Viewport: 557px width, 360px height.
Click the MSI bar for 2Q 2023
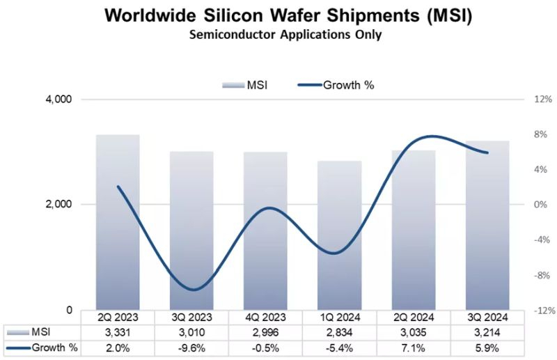coord(118,223)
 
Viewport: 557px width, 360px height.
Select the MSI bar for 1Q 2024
coord(340,237)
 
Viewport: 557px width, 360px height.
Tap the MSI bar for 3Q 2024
coord(487,226)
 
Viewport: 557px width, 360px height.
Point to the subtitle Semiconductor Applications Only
coord(278,35)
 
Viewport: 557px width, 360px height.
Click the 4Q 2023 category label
coord(265,317)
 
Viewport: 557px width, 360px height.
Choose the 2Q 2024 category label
coord(414,317)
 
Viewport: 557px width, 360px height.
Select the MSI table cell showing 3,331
coord(118,331)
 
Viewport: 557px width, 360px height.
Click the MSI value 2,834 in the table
coord(340,331)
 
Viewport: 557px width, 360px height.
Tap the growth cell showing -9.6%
coord(191,347)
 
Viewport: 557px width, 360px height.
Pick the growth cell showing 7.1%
coord(414,347)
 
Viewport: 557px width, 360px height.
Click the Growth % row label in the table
coord(45,347)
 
